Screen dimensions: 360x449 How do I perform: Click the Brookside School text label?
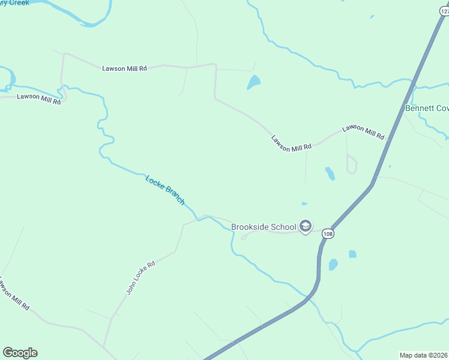[264, 227]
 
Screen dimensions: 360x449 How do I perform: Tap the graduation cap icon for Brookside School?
[306, 226]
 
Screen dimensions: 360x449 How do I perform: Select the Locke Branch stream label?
[165, 190]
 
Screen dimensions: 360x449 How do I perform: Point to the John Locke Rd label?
[140, 277]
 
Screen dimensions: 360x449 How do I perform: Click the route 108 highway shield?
[327, 233]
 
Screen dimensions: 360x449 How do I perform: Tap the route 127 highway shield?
[444, 11]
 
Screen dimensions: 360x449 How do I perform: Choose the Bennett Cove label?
[427, 109]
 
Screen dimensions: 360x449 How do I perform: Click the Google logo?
[20, 353]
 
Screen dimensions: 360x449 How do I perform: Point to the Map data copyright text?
[424, 355]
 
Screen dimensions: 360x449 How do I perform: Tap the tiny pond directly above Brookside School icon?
[304, 204]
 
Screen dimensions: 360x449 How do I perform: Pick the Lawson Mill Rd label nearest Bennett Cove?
[363, 132]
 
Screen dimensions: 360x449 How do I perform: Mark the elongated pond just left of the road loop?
[330, 173]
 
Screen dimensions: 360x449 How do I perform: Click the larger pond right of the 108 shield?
[333, 264]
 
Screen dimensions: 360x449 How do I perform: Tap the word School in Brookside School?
[284, 227]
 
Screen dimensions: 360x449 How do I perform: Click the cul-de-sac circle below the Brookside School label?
[244, 238]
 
